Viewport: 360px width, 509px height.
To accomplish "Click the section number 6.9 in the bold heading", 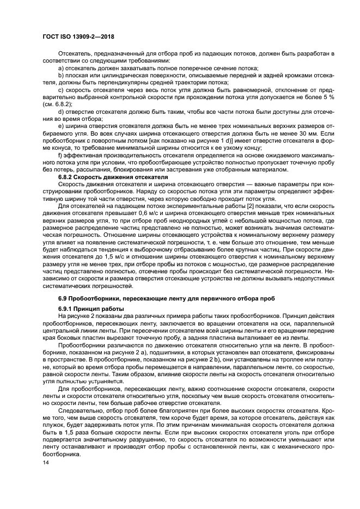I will click(x=64, y=299).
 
